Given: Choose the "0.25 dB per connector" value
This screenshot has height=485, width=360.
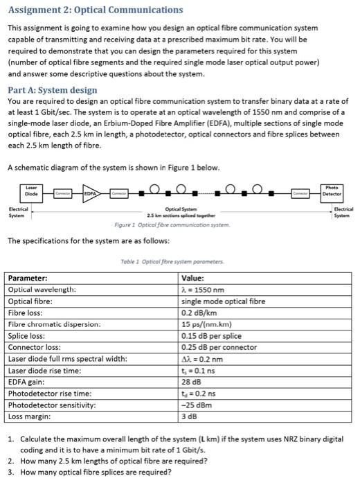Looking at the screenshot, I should coord(219,347).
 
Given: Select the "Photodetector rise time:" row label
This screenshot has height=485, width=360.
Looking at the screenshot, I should coord(49,394).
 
